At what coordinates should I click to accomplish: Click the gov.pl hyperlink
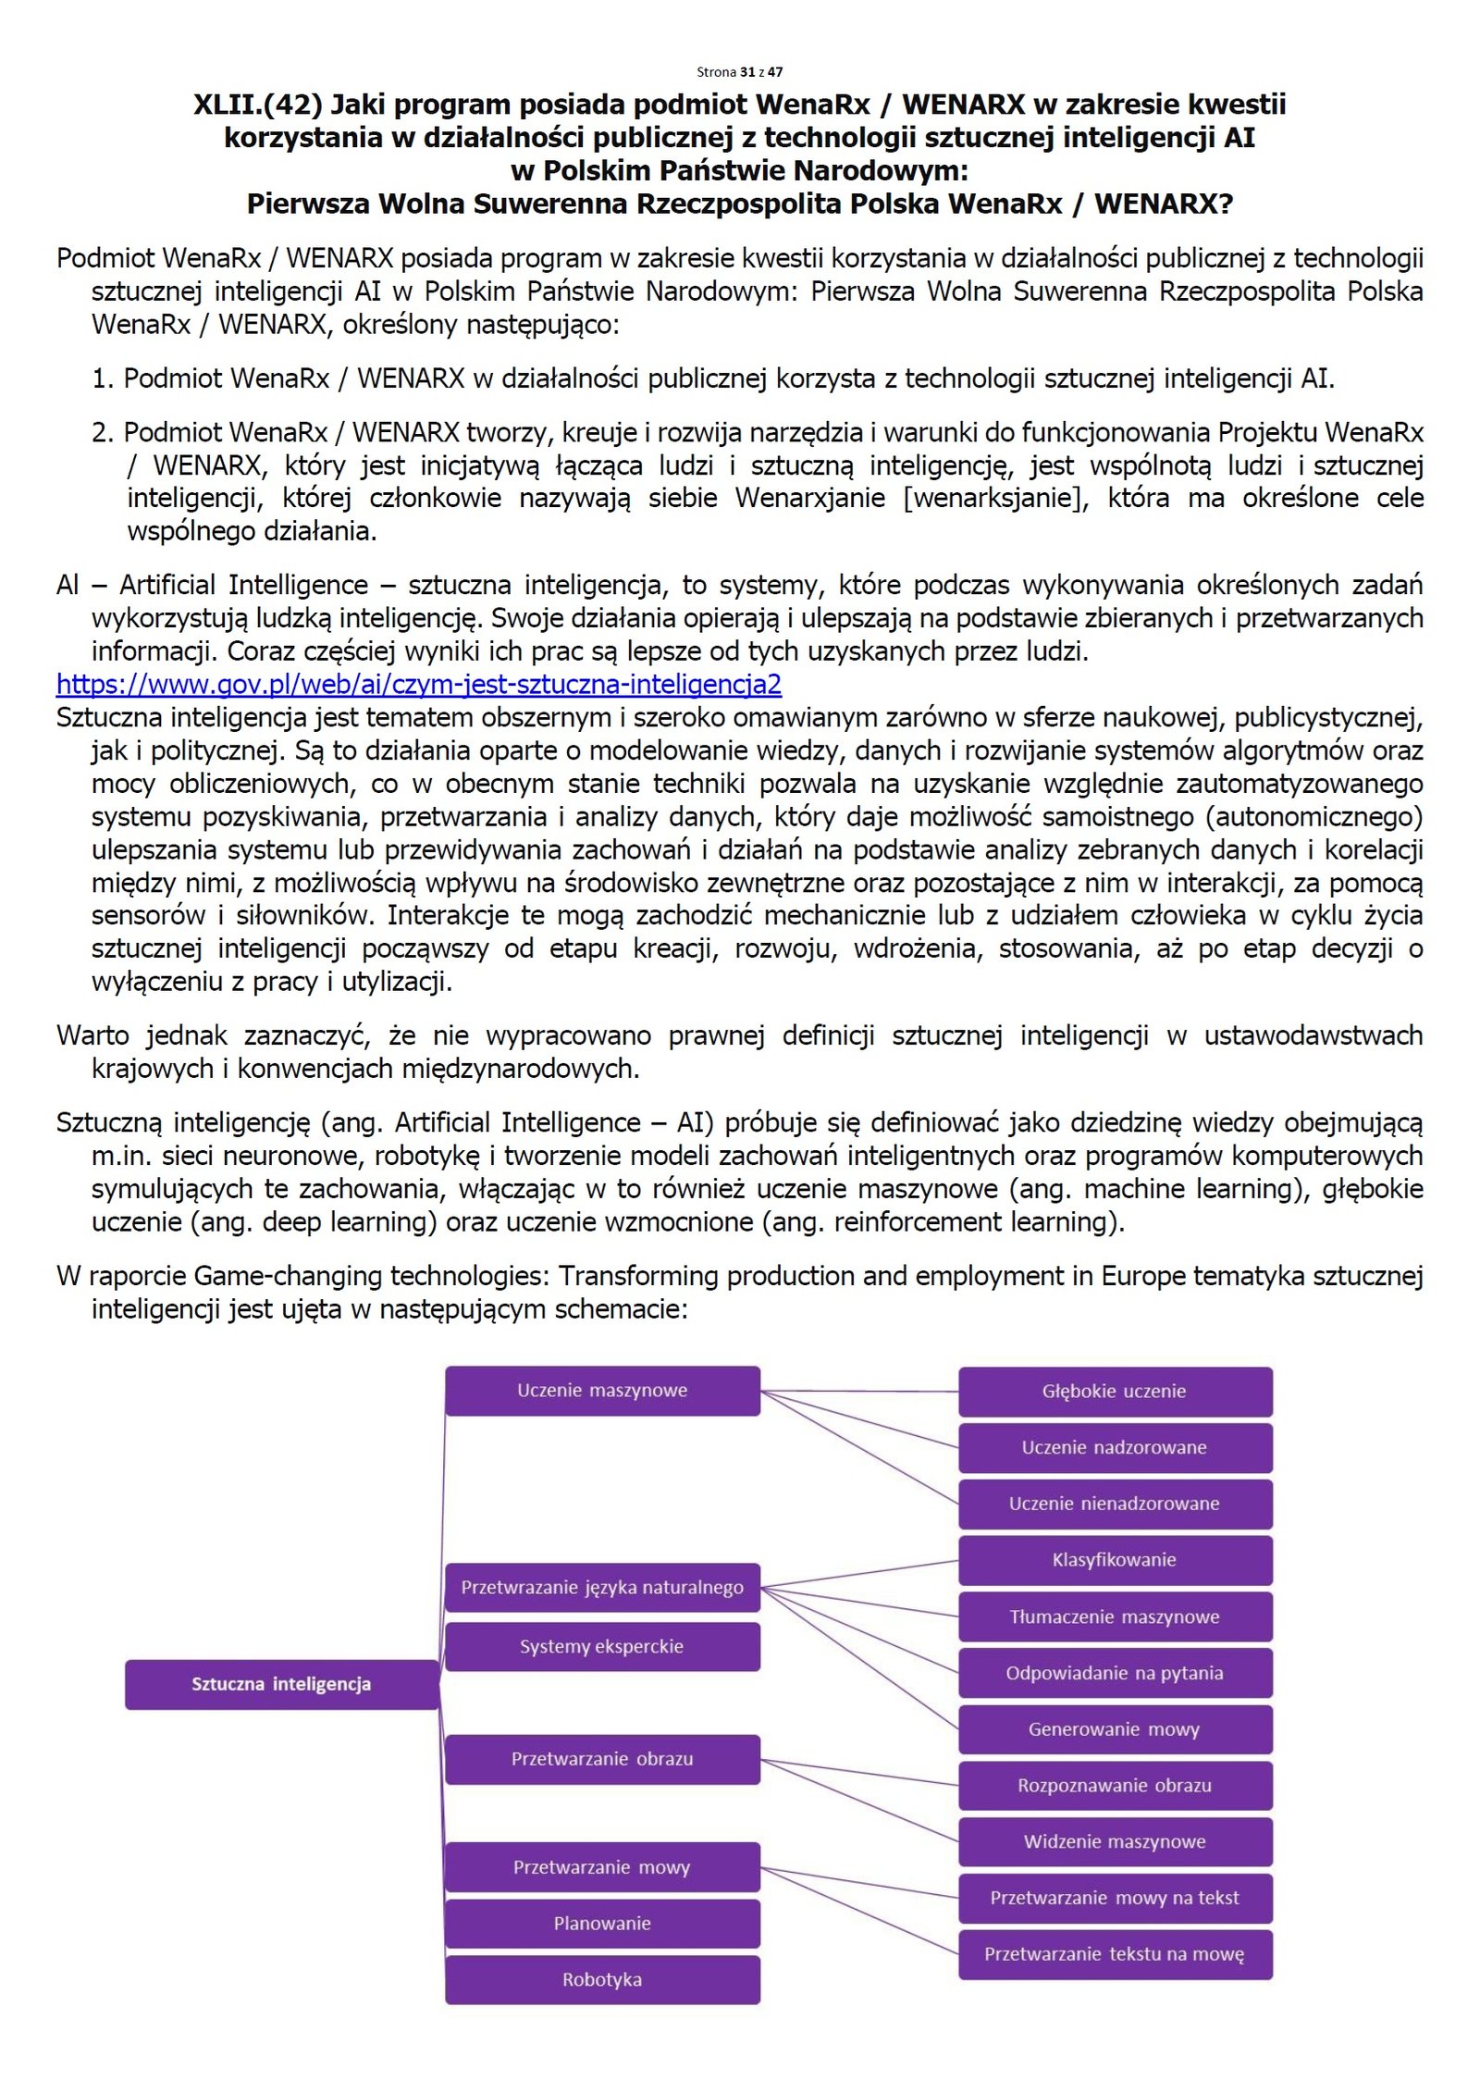(418, 685)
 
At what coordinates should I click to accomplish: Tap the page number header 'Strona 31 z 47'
(739, 71)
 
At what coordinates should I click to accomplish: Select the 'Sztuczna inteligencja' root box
(281, 1684)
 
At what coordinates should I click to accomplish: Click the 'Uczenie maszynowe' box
(602, 1390)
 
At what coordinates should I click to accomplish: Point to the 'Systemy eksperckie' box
(602, 1646)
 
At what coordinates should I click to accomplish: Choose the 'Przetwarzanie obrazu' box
(602, 1758)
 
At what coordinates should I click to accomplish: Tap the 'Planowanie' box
(602, 1923)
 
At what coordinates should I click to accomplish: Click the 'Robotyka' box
(602, 1979)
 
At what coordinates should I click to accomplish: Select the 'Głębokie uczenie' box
(1115, 1391)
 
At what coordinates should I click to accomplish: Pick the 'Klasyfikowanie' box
(1115, 1560)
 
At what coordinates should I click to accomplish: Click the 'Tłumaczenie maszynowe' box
(1115, 1616)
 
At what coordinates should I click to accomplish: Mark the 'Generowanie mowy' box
(1115, 1729)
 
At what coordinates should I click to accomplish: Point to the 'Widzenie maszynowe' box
(1115, 1841)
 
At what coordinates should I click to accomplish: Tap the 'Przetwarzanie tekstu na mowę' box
(1115, 1954)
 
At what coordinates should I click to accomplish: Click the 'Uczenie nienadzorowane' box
(1115, 1504)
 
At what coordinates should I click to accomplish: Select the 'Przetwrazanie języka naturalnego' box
(602, 1588)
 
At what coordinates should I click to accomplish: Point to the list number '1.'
(102, 378)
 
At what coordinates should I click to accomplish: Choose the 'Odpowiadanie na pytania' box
(1115, 1673)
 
